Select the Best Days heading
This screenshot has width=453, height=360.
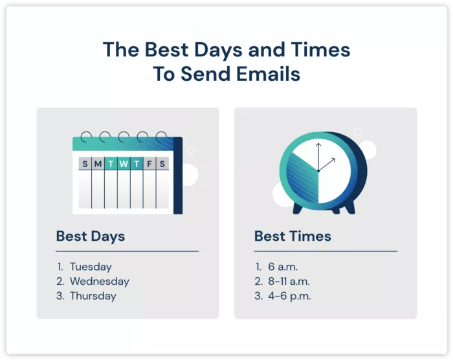[x=91, y=236]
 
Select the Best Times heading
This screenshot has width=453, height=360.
[x=293, y=236]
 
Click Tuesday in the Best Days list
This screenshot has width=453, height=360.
[x=91, y=267]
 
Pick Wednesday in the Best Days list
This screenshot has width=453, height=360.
[x=99, y=282]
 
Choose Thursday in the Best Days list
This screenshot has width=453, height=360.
[x=93, y=296]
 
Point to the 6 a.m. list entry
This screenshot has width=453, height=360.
[x=282, y=267]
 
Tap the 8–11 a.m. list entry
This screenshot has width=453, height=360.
[x=289, y=282]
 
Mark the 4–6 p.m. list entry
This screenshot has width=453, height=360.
[x=289, y=296]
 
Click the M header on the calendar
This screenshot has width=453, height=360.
[x=98, y=164]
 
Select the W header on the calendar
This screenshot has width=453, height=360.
[x=124, y=164]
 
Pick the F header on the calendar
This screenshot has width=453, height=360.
[x=149, y=164]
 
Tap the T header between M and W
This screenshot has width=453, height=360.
[x=111, y=164]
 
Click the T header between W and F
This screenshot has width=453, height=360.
[x=137, y=164]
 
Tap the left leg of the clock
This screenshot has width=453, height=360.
[x=297, y=208]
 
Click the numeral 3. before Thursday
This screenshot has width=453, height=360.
[x=60, y=296]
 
